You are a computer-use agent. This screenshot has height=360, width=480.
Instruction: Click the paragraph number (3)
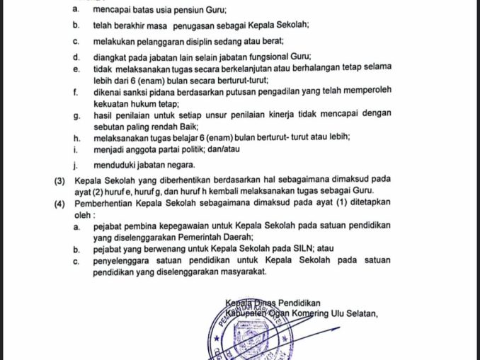pyautogui.click(x=61, y=181)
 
